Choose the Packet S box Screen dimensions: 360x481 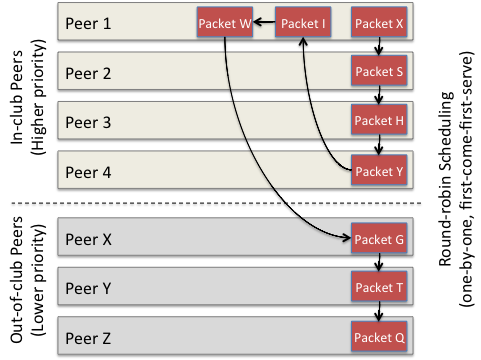378,72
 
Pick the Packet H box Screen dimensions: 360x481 378,121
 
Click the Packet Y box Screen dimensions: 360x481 378,170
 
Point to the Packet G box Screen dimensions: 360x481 378,239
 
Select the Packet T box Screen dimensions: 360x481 378,288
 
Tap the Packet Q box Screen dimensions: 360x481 378,336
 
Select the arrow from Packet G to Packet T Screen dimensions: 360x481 378,264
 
